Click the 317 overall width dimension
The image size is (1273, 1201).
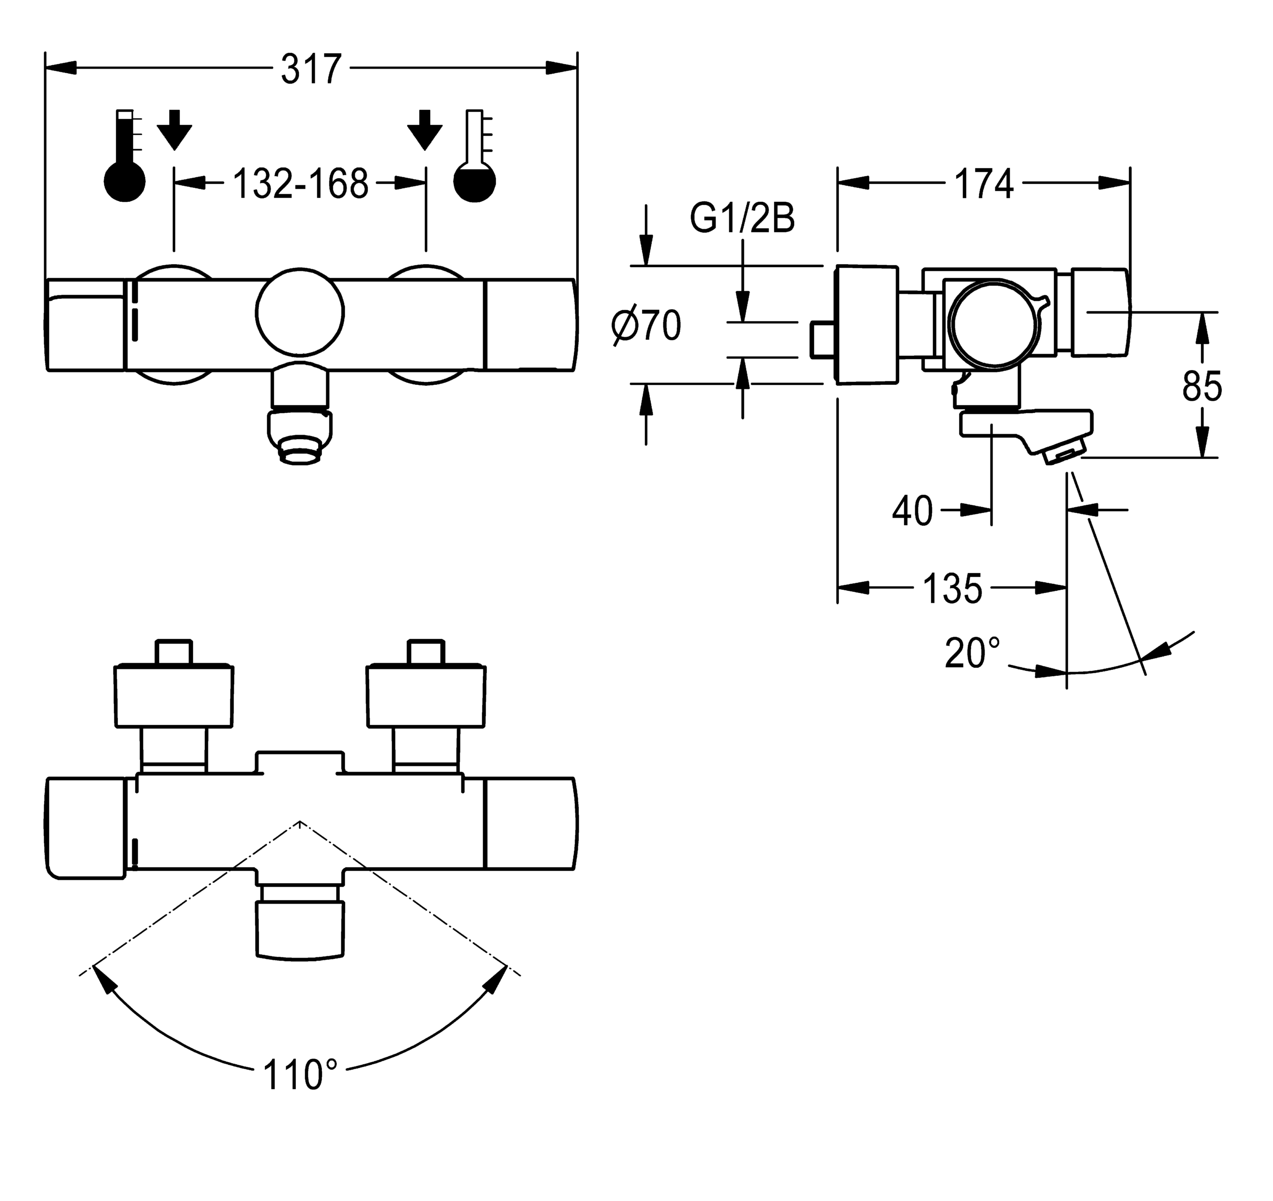pyautogui.click(x=311, y=69)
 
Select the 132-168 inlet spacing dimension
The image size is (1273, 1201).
pyautogui.click(x=300, y=185)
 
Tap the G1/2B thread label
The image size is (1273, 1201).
pyautogui.click(x=742, y=218)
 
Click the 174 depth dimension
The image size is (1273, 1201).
pyautogui.click(x=984, y=185)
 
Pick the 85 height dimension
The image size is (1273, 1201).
pyautogui.click(x=1202, y=387)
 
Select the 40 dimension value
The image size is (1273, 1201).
pyautogui.click(x=912, y=511)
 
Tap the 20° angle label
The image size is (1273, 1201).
pyautogui.click(x=972, y=653)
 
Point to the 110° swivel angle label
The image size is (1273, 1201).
pyautogui.click(x=300, y=1075)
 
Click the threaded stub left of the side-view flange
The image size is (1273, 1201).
pyautogui.click(x=821, y=340)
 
